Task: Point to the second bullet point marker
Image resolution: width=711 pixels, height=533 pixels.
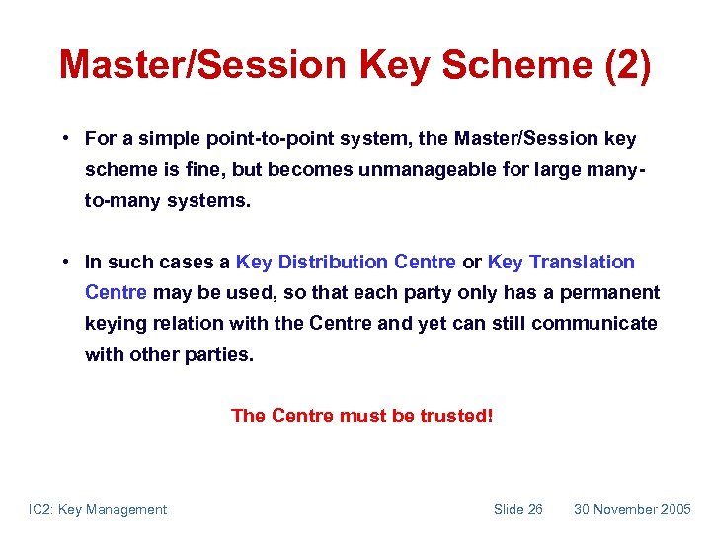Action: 62,262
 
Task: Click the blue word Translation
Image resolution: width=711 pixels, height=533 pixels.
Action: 582,262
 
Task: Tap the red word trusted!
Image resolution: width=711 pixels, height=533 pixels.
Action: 456,416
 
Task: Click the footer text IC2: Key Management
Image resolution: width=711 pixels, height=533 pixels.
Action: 98,509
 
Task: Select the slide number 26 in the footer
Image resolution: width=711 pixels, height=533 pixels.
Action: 533,509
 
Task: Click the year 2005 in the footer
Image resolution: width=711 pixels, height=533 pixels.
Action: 675,509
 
